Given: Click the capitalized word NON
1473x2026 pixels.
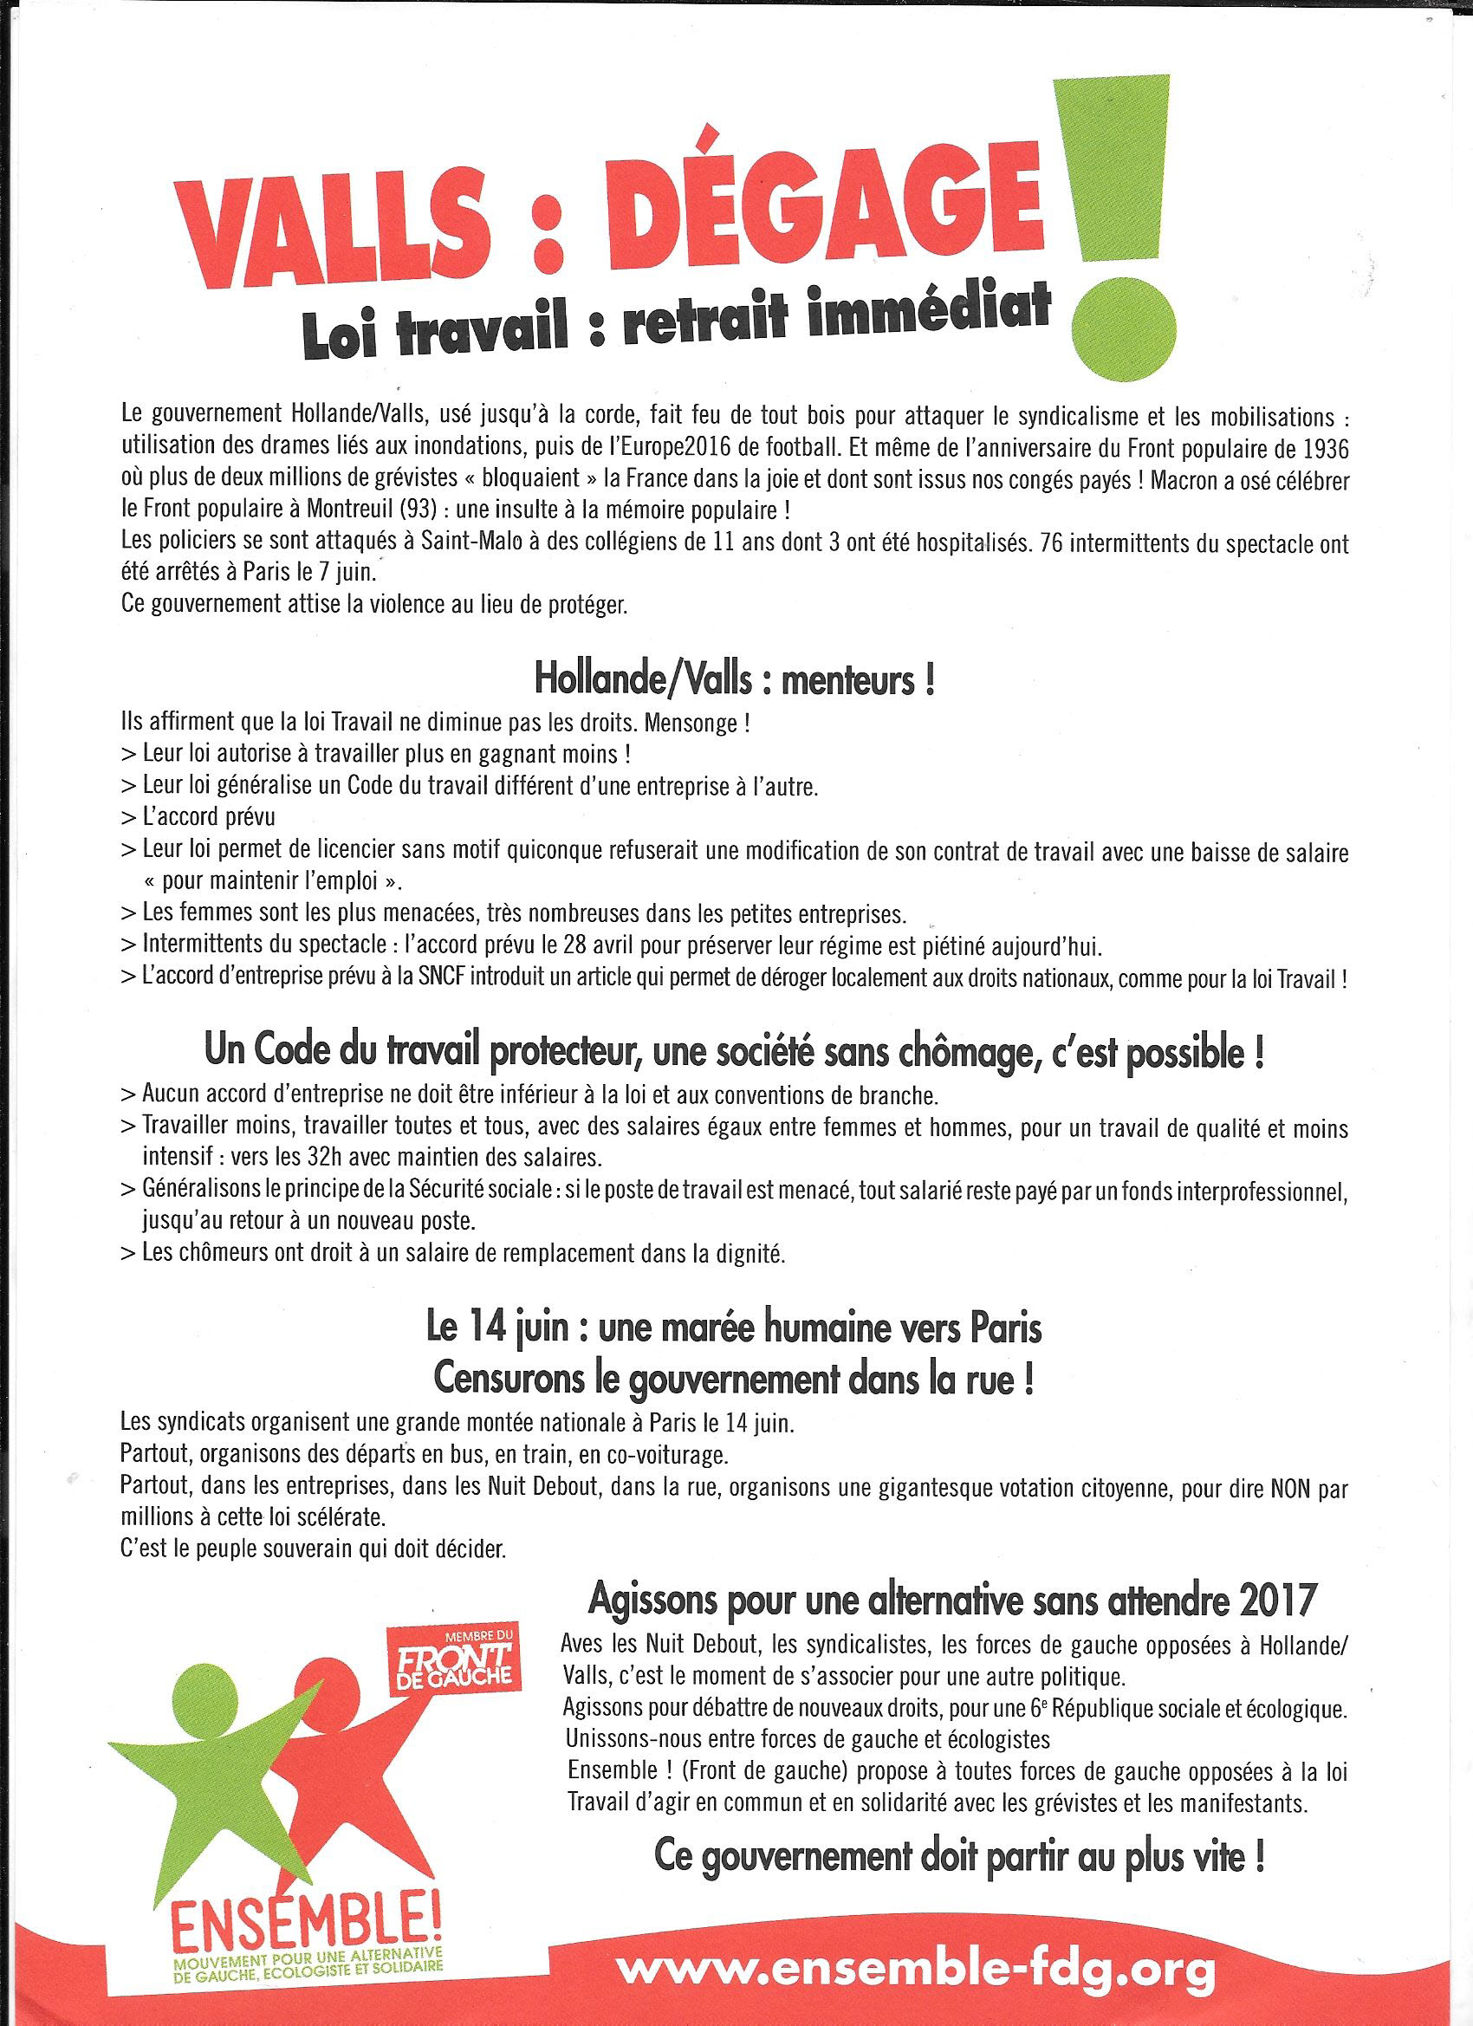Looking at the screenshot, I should pyautogui.click(x=1283, y=1490).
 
